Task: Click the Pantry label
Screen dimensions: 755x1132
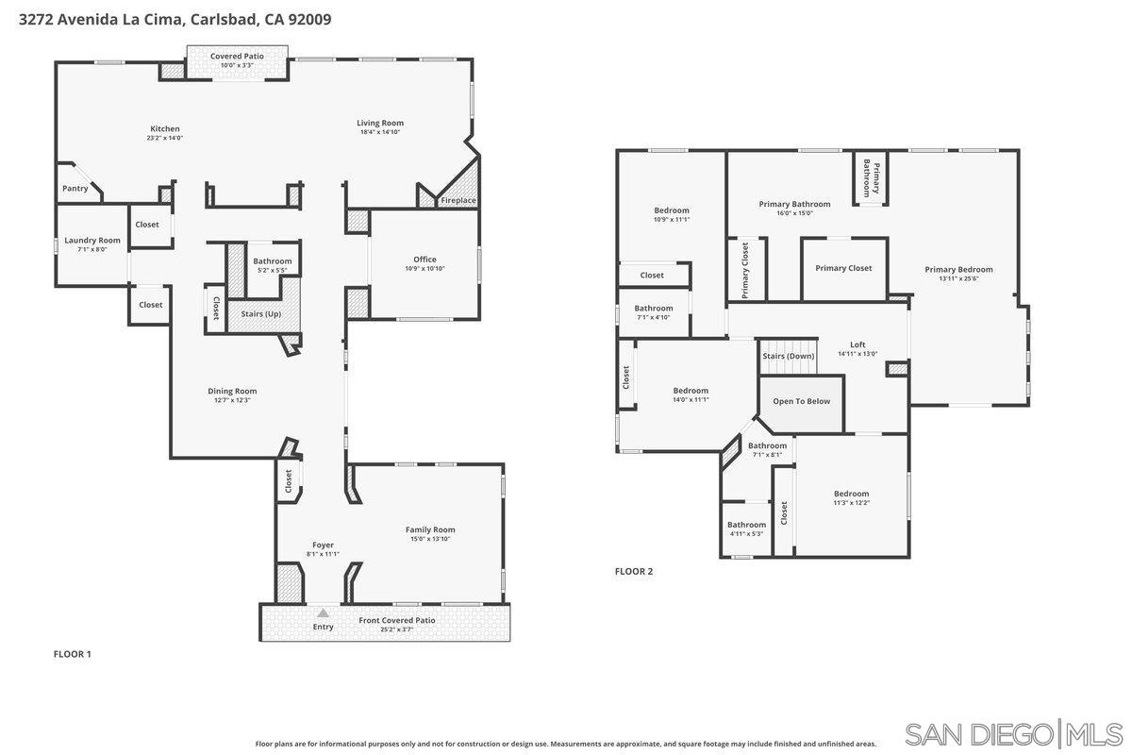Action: tap(75, 188)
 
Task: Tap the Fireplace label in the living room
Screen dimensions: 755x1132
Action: tap(458, 200)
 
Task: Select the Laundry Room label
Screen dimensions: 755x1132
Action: tap(92, 240)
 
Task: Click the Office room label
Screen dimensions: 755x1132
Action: tap(424, 260)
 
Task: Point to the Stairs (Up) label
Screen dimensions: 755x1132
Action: tap(261, 313)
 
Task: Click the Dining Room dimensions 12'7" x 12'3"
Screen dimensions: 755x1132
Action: tap(232, 400)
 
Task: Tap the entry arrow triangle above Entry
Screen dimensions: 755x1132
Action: tap(324, 613)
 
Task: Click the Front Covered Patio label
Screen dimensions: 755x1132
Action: tap(397, 620)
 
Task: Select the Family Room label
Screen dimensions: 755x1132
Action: tap(430, 529)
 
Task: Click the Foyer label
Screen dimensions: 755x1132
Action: tap(323, 545)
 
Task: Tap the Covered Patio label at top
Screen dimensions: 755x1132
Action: tap(237, 56)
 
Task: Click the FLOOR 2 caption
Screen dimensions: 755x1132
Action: tap(634, 571)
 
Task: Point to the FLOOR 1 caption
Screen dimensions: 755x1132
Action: tap(72, 653)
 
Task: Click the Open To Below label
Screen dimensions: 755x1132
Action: tap(802, 401)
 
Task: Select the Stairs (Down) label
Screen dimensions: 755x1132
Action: tap(788, 356)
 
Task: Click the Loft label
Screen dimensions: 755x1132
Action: tap(857, 344)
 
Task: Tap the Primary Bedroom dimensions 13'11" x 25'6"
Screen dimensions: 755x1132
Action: tap(958, 278)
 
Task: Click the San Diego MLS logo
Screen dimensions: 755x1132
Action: tap(1014, 733)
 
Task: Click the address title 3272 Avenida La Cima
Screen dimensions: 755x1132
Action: tap(175, 18)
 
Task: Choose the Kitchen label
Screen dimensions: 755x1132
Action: tap(165, 128)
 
